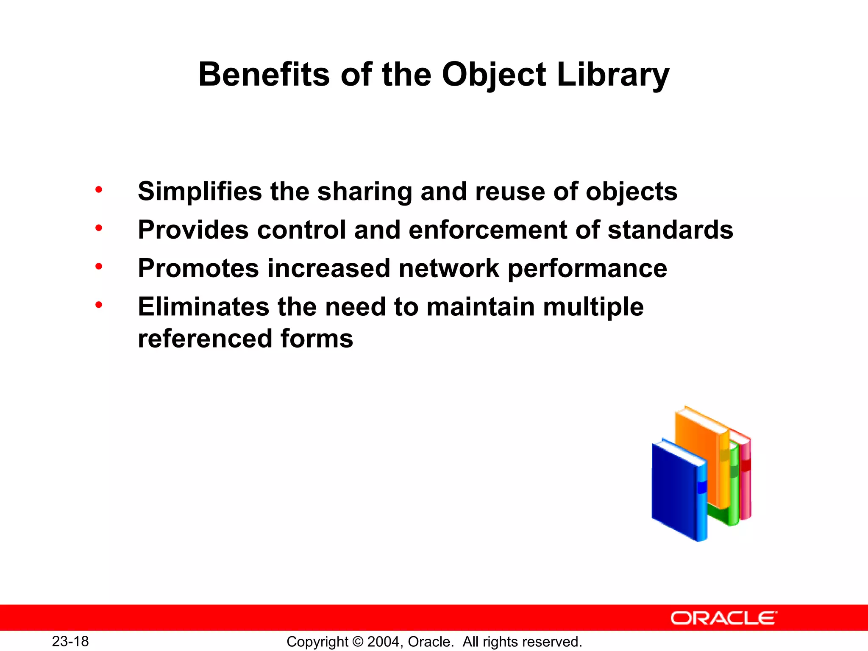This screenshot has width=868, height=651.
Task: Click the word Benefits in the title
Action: point(264,75)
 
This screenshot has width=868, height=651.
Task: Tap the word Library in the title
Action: point(613,75)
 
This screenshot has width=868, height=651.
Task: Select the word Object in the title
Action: point(494,75)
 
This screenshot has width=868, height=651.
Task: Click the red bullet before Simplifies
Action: point(99,189)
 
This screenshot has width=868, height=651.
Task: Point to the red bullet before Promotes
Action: point(99,267)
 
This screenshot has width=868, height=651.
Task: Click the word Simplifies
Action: point(200,192)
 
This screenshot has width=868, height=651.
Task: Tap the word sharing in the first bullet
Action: point(365,192)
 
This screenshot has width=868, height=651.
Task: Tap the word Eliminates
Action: point(203,307)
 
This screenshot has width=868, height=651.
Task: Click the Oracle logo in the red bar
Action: point(723,618)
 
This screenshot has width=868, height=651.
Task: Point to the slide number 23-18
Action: point(70,641)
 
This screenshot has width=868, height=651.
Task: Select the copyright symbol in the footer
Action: point(358,642)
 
